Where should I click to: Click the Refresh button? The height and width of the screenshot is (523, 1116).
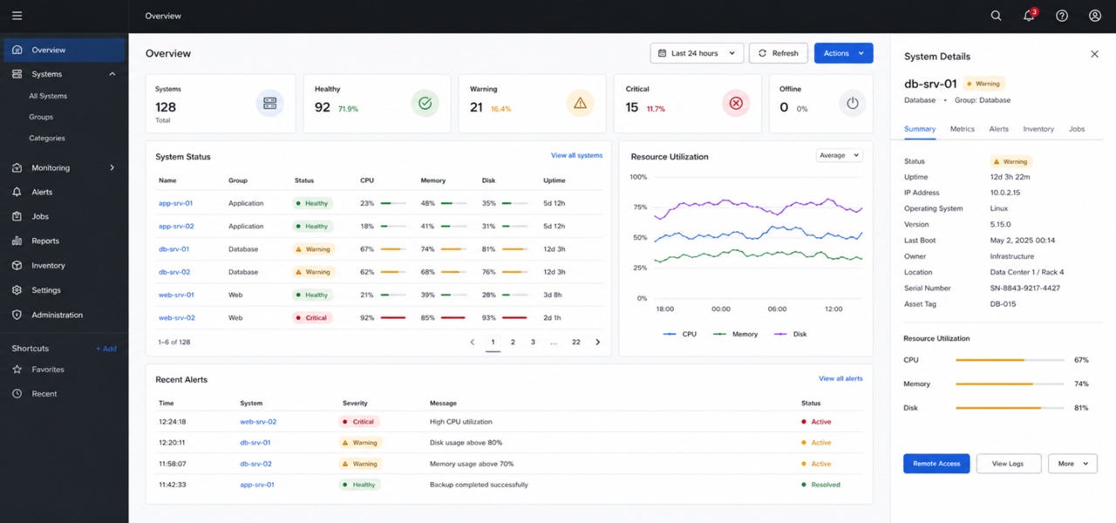tap(779, 53)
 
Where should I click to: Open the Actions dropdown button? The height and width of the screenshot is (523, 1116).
tap(843, 53)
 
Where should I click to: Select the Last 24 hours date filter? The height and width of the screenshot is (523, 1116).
tap(697, 53)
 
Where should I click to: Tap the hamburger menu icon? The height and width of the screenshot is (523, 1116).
tap(17, 16)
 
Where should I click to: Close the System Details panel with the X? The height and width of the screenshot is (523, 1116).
tap(1094, 54)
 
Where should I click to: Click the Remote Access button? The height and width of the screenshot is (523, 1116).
tap(936, 463)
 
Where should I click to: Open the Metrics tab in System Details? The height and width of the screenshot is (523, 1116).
tap(962, 129)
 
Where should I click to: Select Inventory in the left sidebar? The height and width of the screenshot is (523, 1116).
tap(48, 266)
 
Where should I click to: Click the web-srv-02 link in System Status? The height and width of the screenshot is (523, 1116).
tap(176, 318)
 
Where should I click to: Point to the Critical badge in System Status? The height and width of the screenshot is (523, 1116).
tap(312, 318)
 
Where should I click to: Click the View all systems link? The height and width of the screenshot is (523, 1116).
tap(576, 155)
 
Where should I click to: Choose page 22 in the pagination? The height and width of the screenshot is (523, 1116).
tap(576, 343)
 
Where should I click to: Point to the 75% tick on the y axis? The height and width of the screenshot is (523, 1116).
tap(640, 207)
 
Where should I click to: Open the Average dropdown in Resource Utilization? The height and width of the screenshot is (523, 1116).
tap(840, 155)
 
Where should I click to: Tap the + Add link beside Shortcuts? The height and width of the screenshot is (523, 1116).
tap(106, 349)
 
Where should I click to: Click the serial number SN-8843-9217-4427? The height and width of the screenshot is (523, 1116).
tap(1024, 288)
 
